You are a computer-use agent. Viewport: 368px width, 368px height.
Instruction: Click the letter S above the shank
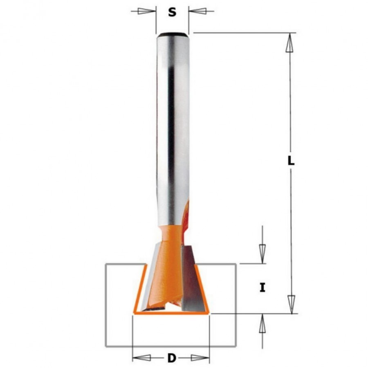click(x=172, y=13)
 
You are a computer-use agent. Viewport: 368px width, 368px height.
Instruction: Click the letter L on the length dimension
click(x=291, y=161)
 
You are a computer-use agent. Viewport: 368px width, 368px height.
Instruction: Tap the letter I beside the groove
click(x=263, y=288)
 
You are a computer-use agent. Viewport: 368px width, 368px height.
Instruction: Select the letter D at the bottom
click(x=171, y=359)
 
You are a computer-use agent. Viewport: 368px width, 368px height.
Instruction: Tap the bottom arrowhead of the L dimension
click(x=290, y=305)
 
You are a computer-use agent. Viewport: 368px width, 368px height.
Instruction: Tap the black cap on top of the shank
click(x=172, y=34)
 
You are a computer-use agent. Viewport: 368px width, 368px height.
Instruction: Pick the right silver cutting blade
click(x=191, y=278)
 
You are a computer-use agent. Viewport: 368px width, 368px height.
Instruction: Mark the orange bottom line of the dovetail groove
click(x=171, y=314)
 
